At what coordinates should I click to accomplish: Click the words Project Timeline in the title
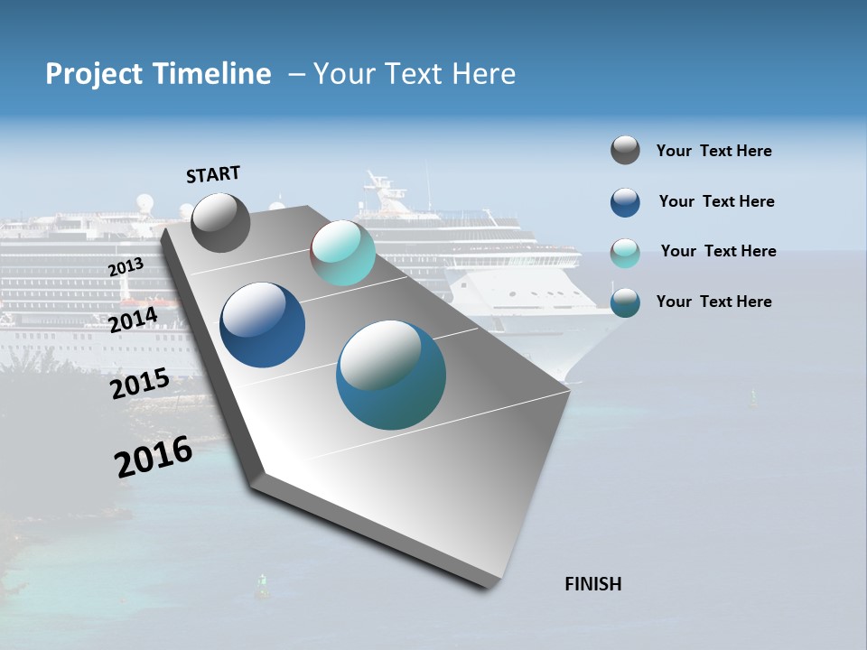pyautogui.click(x=158, y=74)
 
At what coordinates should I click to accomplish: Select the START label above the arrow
pyautogui.click(x=213, y=174)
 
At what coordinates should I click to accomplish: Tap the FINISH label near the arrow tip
pyautogui.click(x=592, y=584)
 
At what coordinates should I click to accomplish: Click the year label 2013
pyautogui.click(x=126, y=267)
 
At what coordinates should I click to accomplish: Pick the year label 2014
pyautogui.click(x=134, y=320)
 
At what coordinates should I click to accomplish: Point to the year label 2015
pyautogui.click(x=140, y=384)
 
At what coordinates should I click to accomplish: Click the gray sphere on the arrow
pyautogui.click(x=220, y=222)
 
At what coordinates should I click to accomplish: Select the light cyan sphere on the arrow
pyautogui.click(x=342, y=253)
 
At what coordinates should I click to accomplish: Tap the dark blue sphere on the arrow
pyautogui.click(x=262, y=325)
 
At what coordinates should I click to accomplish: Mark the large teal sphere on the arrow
pyautogui.click(x=391, y=375)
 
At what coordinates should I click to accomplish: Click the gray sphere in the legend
pyautogui.click(x=625, y=150)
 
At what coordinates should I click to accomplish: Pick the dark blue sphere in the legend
pyautogui.click(x=625, y=202)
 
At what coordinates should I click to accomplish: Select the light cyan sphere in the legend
pyautogui.click(x=625, y=253)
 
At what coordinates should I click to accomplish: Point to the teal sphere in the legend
pyautogui.click(x=625, y=302)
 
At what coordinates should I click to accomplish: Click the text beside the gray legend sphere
pyautogui.click(x=713, y=152)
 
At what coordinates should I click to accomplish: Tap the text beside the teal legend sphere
pyautogui.click(x=713, y=302)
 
